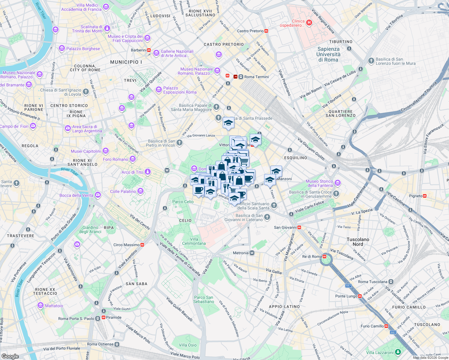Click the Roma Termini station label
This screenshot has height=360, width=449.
pos(256,77)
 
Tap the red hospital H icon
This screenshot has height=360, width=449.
pos(309,22)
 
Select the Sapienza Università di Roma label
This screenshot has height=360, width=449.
pos(328,54)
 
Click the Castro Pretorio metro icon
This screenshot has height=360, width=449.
pos(266,31)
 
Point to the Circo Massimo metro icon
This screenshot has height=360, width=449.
pos(142,245)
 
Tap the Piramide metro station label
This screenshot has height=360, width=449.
pos(114,317)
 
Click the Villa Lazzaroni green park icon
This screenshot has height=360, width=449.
pos(398,352)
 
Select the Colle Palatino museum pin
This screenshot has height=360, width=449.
pos(140,191)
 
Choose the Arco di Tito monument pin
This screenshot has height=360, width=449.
pos(147,172)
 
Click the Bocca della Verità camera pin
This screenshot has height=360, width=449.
pos(98,195)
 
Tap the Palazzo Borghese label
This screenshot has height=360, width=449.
pos(83,49)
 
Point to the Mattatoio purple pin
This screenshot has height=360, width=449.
pos(41,305)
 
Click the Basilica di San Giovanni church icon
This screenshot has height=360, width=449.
pos(267,217)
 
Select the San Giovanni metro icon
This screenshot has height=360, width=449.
pos(299,227)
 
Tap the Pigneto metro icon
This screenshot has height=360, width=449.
pos(425,196)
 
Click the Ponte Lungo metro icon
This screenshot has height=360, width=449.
pos(360,296)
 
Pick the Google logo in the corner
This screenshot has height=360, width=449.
pos(10,356)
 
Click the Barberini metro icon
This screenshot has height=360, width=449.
pos(149,50)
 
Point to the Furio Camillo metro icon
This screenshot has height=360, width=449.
pos(387,326)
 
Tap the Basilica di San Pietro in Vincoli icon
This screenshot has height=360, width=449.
pos(179,142)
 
